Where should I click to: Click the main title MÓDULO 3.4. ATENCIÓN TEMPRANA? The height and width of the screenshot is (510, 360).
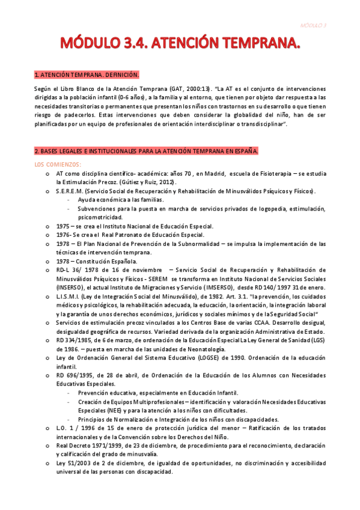click(x=180, y=44)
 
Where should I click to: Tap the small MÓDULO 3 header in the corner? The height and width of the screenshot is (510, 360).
click(x=314, y=25)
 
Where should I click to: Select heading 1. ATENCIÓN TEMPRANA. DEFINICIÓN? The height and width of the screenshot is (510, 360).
click(x=87, y=75)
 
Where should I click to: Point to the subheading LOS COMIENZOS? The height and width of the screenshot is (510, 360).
click(x=58, y=164)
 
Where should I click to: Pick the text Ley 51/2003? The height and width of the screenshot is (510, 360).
click(x=73, y=463)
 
